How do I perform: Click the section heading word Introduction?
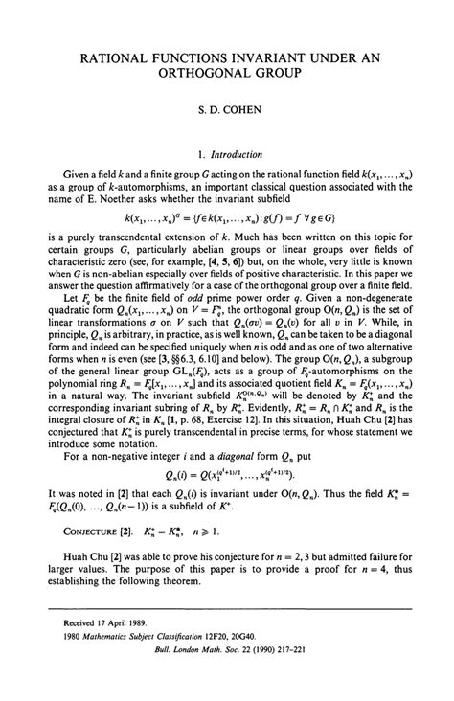pyautogui.click(x=239, y=150)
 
